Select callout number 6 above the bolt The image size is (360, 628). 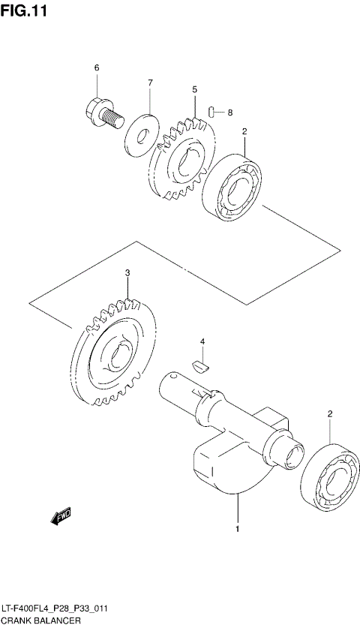tap(97, 69)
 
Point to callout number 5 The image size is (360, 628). tap(194, 89)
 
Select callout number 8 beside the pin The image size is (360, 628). tap(230, 113)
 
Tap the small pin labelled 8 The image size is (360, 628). tap(213, 113)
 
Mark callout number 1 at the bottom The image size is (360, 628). tap(238, 530)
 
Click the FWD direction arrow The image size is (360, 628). tap(59, 516)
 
